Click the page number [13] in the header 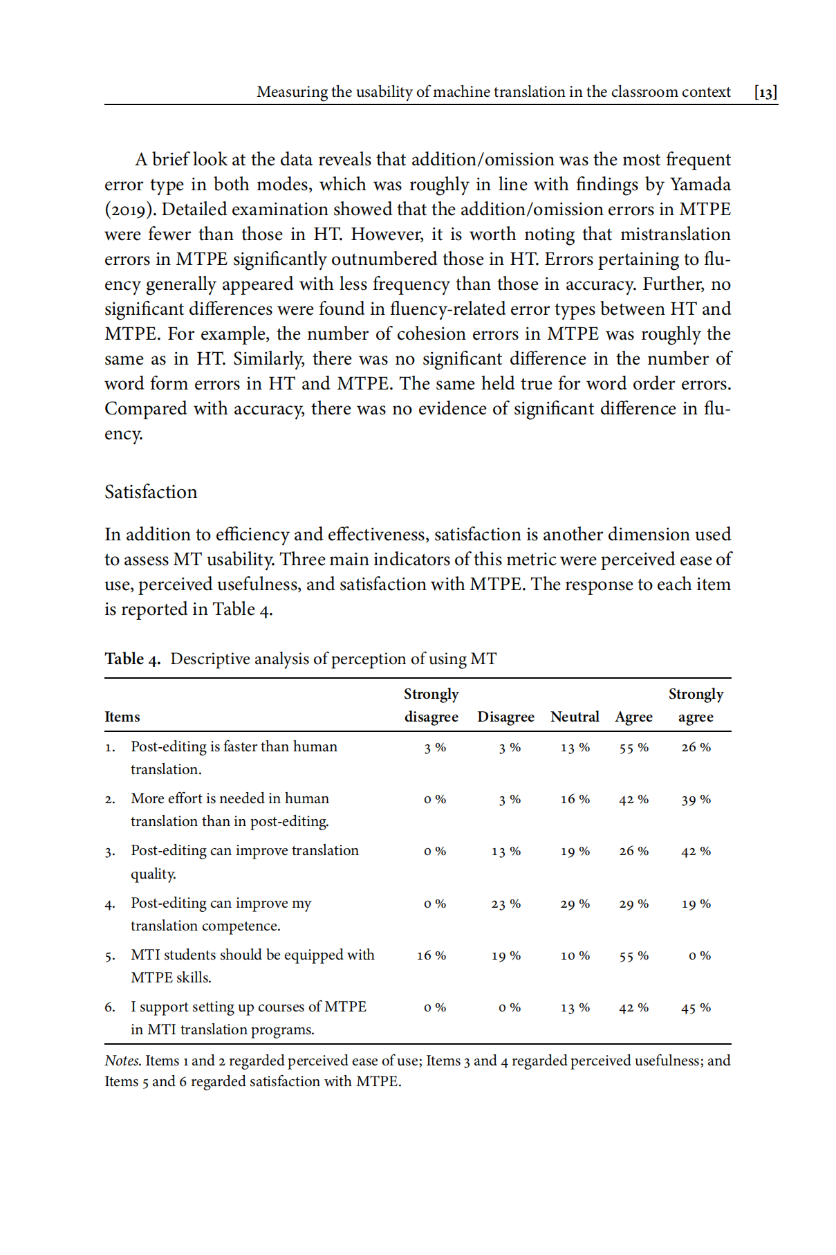(765, 92)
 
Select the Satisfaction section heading (151, 492)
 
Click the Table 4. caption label (132, 659)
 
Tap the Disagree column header (505, 717)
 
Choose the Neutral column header (575, 717)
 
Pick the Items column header (122, 717)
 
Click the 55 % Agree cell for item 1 (633, 748)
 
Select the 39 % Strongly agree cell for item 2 (696, 800)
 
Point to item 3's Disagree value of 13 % (505, 852)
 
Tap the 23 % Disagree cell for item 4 (505, 904)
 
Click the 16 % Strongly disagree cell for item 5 (431, 956)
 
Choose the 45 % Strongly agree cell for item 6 (696, 1008)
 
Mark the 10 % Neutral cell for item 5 (575, 956)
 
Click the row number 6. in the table (110, 1007)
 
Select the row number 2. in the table (110, 800)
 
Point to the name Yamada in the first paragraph (700, 185)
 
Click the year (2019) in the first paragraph (130, 210)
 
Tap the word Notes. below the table (123, 1061)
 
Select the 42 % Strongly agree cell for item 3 (696, 852)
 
